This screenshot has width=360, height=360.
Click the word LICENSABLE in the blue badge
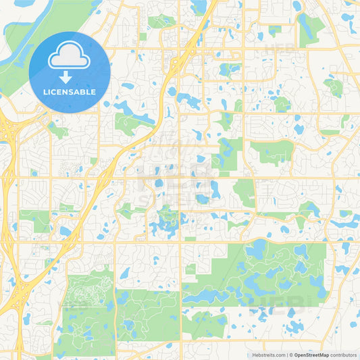(70, 92)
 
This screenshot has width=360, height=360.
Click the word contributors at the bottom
(344, 355)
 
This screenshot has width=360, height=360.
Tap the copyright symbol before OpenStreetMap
(291, 355)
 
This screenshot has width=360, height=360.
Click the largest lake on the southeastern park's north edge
(257, 250)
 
